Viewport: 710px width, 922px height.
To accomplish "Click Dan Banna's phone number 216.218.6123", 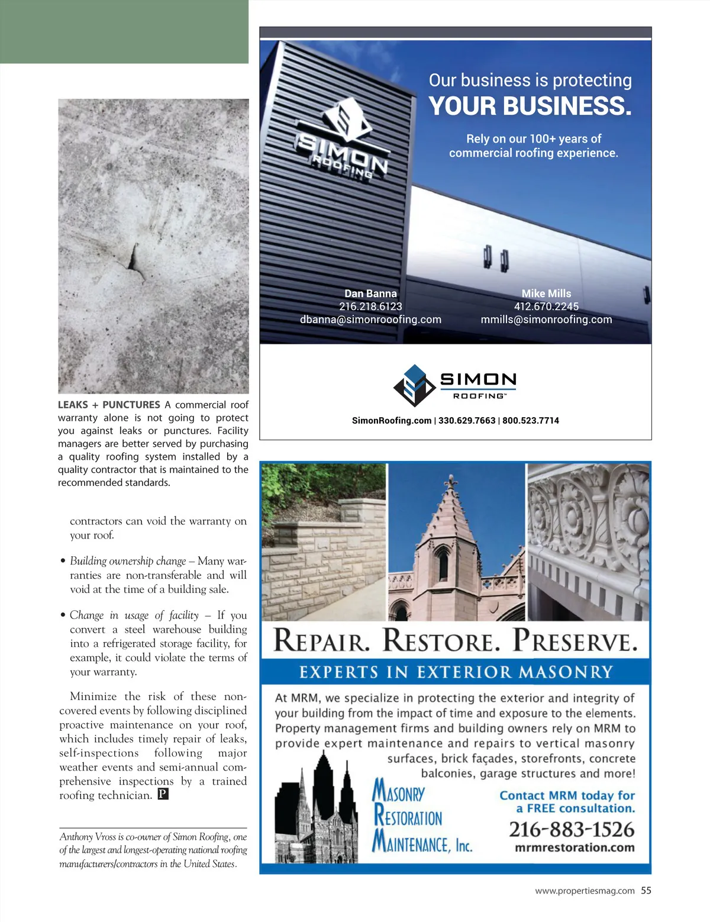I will pos(370,307).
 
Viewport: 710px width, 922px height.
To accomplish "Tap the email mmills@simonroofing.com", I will pos(546,320).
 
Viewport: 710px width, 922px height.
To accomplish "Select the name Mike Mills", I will pos(546,294).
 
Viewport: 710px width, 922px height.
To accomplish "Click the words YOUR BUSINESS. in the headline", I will pos(530,106).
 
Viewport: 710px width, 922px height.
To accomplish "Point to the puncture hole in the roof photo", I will pos(133,257).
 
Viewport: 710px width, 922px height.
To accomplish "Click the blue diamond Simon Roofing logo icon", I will pos(415,385).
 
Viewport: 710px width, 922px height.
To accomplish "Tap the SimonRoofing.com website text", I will pos(392,421).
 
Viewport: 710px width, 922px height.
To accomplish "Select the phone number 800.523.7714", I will pos(531,421).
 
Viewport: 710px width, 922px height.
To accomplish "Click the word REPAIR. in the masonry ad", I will pos(322,641).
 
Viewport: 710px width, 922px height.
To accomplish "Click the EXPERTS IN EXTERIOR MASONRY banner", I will pos(456,672).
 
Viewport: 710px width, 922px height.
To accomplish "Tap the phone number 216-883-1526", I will pos(572,830).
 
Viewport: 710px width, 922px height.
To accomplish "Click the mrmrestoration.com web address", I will pos(575,847).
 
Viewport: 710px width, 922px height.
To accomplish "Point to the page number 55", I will pos(646,891).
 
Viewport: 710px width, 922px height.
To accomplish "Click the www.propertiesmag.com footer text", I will pos(585,891).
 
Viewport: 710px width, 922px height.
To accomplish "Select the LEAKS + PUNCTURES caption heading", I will pos(109,405).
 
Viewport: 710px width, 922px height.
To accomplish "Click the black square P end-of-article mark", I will pos(163,794).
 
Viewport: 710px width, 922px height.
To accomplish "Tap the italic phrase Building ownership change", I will pos(128,561).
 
